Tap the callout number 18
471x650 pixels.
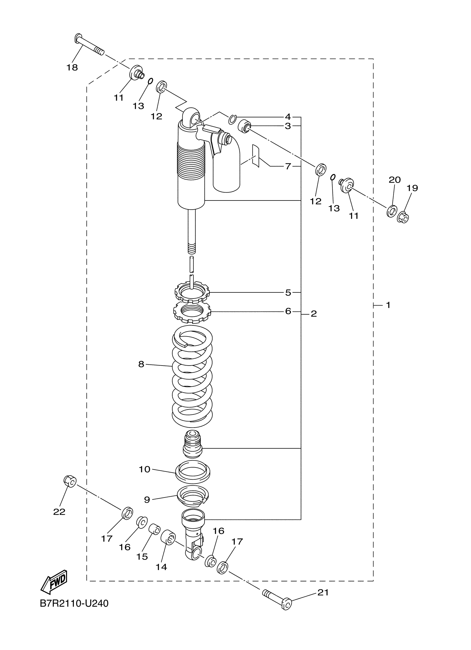(x=72, y=68)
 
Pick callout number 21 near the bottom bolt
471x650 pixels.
(x=323, y=592)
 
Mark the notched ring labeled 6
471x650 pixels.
(x=192, y=312)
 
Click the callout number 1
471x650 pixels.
(x=388, y=305)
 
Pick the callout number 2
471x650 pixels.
(x=314, y=314)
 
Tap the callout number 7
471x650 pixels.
(x=288, y=166)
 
